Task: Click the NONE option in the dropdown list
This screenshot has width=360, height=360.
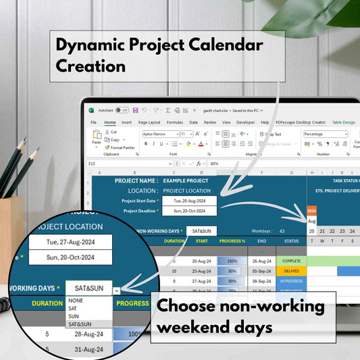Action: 76,300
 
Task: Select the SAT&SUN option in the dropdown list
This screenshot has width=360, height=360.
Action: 80,324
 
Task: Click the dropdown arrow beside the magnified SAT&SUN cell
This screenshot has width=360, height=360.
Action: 116,290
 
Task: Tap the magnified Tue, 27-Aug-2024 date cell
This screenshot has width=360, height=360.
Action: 70,241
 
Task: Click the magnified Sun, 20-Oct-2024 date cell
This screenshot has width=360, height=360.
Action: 70,257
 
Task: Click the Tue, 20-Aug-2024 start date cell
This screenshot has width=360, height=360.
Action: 189,201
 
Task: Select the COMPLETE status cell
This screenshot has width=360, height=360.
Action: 291,260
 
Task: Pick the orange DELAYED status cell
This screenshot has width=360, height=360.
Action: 291,271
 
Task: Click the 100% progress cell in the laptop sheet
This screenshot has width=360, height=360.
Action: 232,260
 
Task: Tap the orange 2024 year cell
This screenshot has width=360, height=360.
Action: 311,210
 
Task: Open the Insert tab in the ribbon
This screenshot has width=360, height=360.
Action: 126,122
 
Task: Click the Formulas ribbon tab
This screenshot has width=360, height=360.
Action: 175,122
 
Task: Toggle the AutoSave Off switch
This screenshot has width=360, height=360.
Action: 122,109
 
